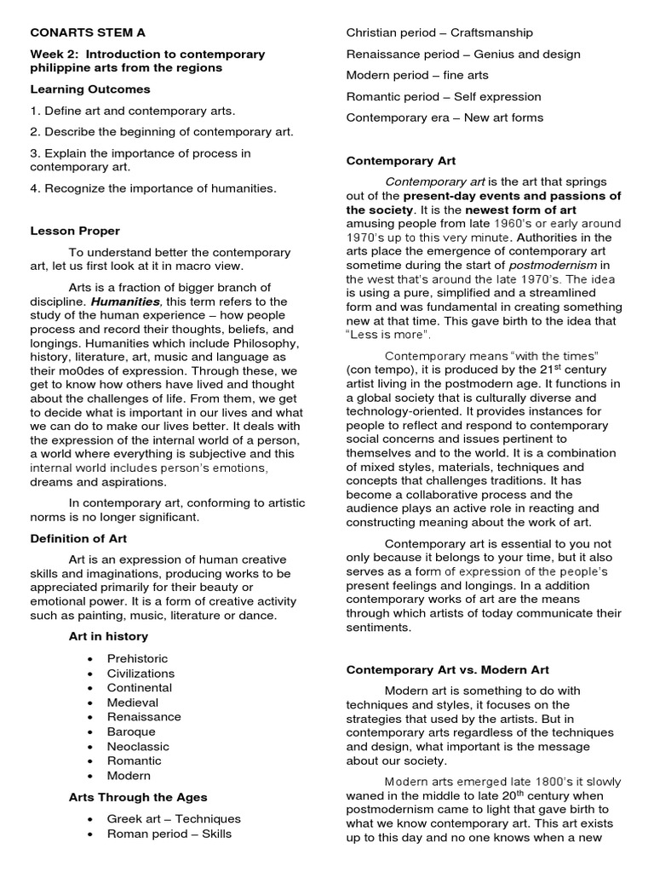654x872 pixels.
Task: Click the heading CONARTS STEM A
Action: click(x=88, y=32)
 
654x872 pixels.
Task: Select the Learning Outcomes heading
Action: click(x=90, y=89)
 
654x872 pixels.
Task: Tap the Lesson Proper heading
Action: click(x=75, y=231)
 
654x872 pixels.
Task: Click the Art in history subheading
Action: click(x=108, y=636)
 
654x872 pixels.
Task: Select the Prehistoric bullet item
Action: click(x=137, y=658)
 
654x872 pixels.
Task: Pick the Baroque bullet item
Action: click(x=131, y=731)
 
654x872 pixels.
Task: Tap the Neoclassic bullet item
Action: click(x=137, y=746)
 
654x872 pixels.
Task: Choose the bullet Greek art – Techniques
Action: click(x=174, y=818)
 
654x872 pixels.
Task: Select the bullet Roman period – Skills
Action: click(x=169, y=834)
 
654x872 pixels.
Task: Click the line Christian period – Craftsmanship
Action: click(x=439, y=32)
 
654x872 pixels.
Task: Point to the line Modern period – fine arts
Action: click(x=417, y=75)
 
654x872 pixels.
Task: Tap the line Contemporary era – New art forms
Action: click(x=445, y=118)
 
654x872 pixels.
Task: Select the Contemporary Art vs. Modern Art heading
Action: click(x=448, y=669)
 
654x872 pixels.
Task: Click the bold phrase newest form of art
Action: click(x=520, y=209)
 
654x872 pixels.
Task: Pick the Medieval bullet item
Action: click(x=133, y=703)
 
